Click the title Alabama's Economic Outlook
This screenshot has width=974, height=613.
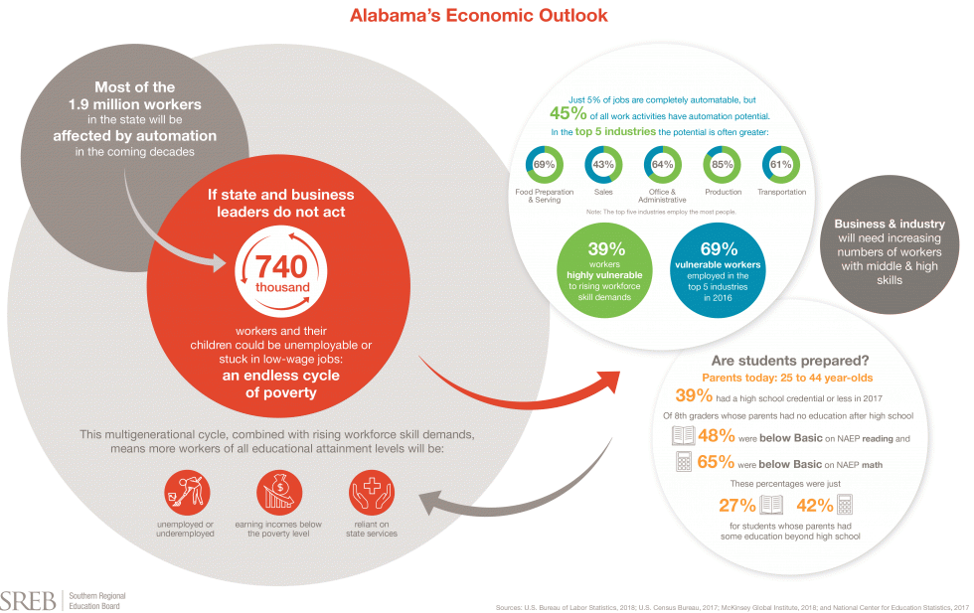(x=478, y=16)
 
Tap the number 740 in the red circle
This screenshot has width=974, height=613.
(x=278, y=266)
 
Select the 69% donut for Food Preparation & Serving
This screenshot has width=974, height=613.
(x=543, y=164)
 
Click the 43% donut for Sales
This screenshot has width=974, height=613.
(x=602, y=164)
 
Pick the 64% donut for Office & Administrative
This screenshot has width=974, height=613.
(x=662, y=164)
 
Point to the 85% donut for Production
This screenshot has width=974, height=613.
(x=723, y=164)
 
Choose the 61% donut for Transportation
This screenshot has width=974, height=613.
(x=780, y=164)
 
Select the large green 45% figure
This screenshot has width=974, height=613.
(x=568, y=112)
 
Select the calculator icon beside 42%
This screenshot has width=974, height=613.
(x=846, y=505)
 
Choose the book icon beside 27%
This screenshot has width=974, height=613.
(x=772, y=505)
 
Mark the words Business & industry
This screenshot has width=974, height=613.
(x=890, y=224)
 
